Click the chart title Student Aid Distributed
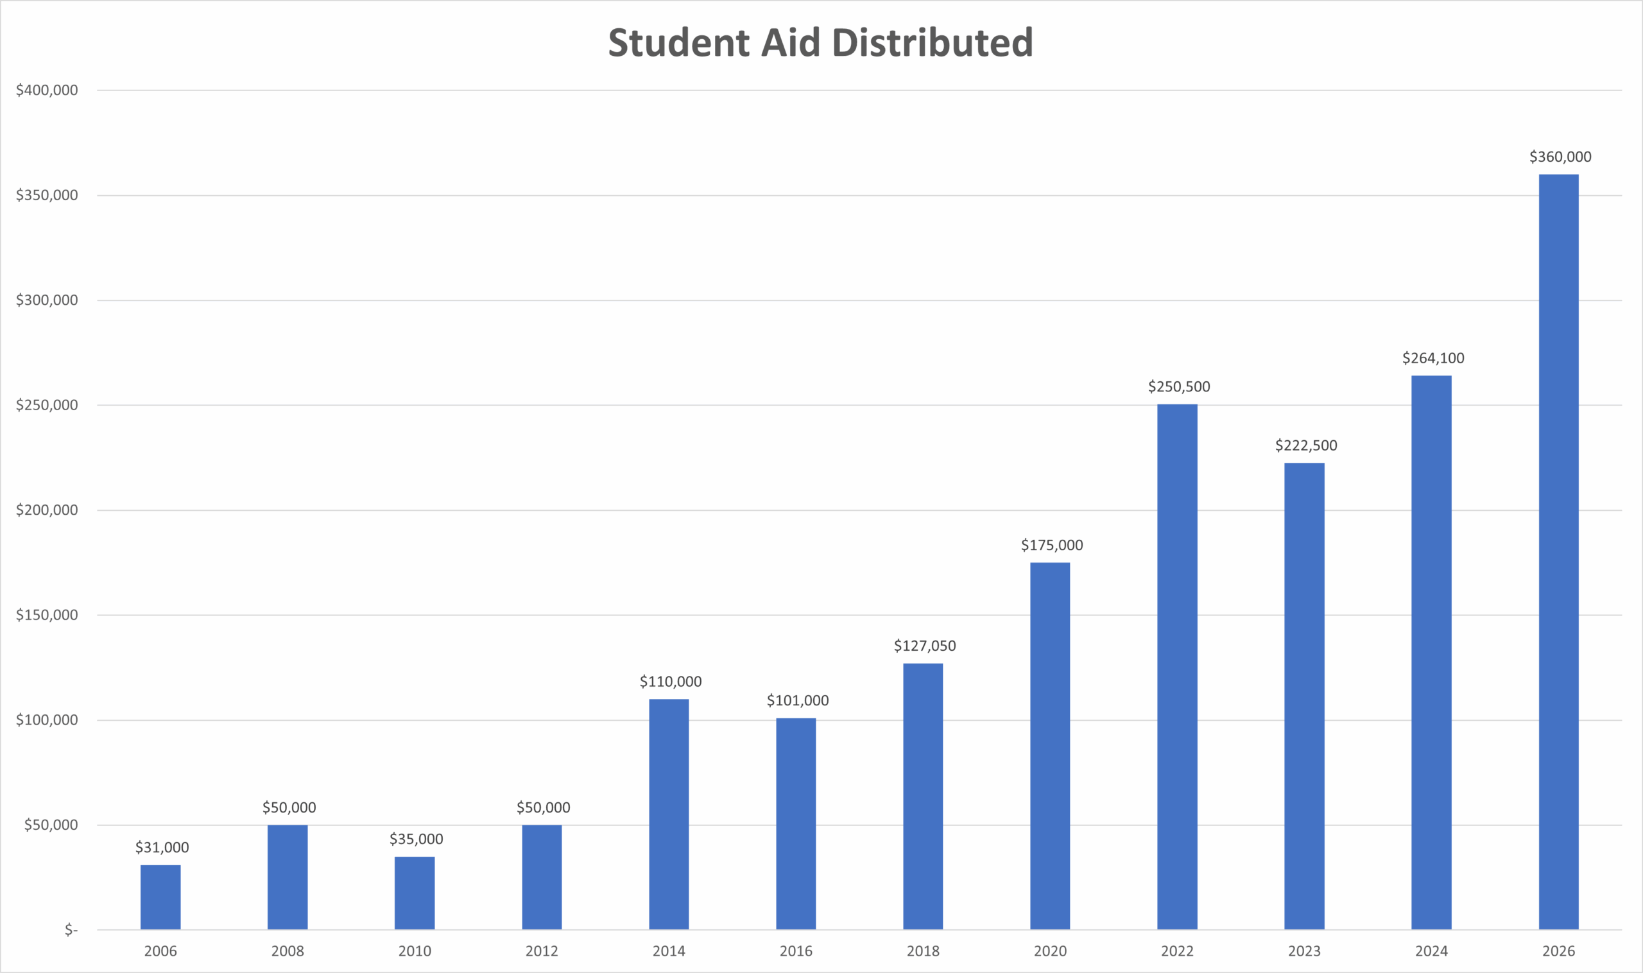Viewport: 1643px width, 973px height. tap(820, 42)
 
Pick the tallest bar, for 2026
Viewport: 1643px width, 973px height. tap(1558, 551)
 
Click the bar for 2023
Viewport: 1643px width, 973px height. tap(1304, 696)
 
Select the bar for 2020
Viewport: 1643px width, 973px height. tap(1049, 746)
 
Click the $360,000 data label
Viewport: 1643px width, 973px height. tap(1560, 157)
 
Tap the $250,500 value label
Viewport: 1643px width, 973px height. tap(1179, 387)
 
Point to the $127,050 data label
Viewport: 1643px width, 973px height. tap(924, 646)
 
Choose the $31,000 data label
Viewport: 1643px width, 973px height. tap(162, 847)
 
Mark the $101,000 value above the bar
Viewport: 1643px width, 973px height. tap(797, 700)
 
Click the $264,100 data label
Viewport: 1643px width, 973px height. tap(1432, 358)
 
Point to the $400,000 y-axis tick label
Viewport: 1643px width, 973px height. tap(47, 90)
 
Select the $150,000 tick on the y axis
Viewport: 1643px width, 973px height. tap(47, 615)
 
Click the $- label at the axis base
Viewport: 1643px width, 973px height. tap(71, 930)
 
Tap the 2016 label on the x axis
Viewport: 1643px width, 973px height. tap(796, 951)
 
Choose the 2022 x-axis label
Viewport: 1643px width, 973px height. tap(1177, 951)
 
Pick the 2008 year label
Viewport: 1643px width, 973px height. tap(287, 951)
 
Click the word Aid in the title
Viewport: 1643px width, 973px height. tap(790, 42)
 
